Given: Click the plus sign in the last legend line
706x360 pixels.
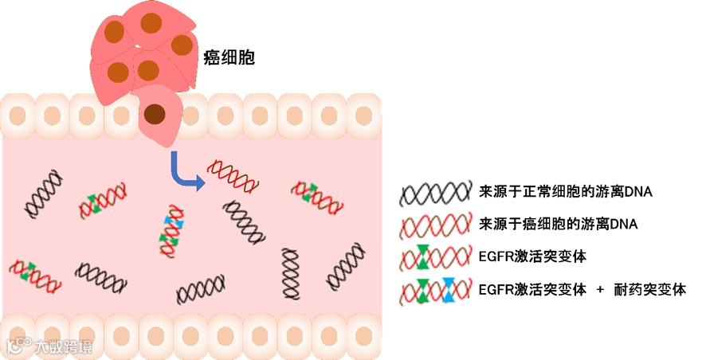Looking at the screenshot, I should pyautogui.click(x=602, y=289).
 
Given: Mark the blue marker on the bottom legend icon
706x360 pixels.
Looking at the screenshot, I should pyautogui.click(x=449, y=289).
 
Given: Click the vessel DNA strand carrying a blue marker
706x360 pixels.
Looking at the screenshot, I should pyautogui.click(x=171, y=231).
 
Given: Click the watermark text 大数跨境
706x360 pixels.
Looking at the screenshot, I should pyautogui.click(x=62, y=346).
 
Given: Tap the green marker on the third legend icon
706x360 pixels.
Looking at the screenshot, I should pyautogui.click(x=422, y=257).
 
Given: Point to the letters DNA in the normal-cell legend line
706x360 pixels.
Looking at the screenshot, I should pyautogui.click(x=637, y=192).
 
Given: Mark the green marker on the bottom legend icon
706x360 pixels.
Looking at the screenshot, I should pyautogui.click(x=422, y=289).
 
